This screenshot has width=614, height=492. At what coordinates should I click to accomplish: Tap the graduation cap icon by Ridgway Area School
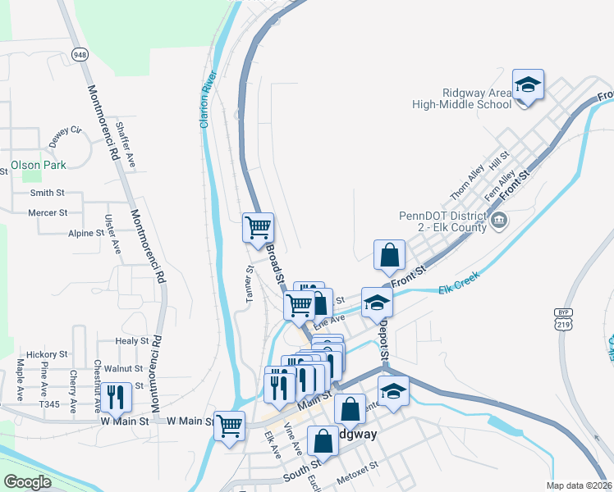[529, 85]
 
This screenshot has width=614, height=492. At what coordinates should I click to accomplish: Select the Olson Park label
[38, 165]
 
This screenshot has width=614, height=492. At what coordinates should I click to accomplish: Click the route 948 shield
[80, 55]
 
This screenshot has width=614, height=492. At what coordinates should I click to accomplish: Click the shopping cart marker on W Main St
[229, 425]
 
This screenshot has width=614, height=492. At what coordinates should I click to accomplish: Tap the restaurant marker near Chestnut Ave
[117, 398]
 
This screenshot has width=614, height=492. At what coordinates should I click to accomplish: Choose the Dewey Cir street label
[66, 135]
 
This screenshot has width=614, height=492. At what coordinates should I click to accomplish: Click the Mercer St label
[48, 212]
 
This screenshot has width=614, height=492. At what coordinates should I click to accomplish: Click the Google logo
[27, 482]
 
